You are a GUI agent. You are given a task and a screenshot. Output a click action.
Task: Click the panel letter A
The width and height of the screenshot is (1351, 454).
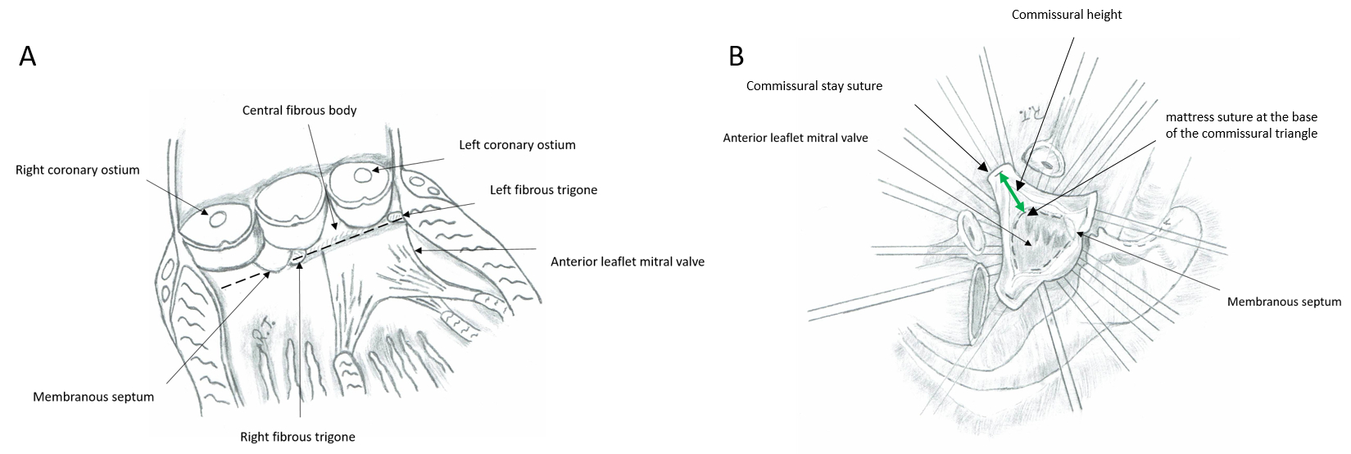(28, 57)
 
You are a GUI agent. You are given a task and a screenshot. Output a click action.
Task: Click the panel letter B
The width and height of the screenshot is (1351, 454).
(737, 57)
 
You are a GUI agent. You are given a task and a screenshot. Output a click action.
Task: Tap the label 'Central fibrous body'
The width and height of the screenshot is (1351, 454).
(299, 110)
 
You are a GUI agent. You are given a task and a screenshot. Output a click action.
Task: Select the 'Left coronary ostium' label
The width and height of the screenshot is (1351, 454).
(517, 145)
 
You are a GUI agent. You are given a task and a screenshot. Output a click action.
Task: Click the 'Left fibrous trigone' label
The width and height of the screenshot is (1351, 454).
(543, 189)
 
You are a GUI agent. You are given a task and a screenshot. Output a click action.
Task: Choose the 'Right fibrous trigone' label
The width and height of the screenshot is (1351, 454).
(297, 437)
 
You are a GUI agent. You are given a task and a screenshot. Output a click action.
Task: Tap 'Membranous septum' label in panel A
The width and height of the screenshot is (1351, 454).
(93, 397)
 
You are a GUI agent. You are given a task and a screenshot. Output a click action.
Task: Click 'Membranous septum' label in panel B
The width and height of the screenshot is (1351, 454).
(1284, 302)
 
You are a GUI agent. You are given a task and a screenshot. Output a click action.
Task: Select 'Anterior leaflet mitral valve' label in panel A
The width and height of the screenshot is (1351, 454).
(627, 262)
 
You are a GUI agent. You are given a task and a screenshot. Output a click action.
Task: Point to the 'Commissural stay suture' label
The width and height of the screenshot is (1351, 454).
(814, 86)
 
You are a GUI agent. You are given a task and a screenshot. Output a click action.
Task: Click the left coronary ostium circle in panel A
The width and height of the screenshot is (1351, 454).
(361, 175)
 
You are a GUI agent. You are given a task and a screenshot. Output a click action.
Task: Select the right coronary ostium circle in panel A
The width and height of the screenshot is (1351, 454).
(219, 219)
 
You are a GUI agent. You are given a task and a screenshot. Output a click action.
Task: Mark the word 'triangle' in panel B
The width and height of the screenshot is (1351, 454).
(1295, 133)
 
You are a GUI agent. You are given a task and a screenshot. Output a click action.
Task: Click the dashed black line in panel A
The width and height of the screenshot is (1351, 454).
(246, 279)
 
